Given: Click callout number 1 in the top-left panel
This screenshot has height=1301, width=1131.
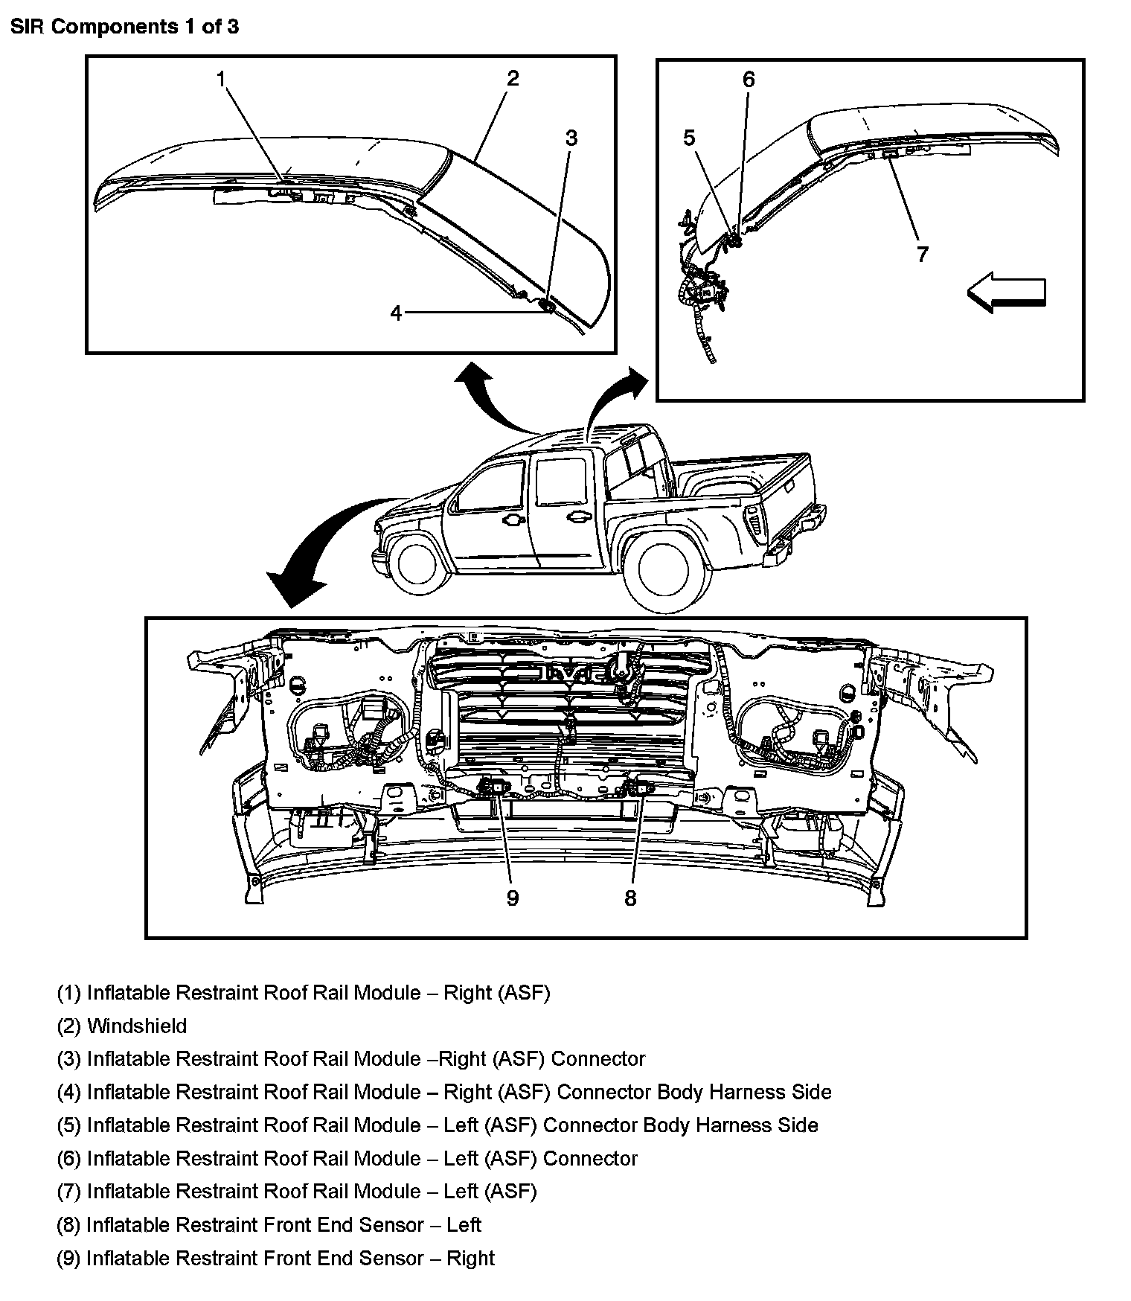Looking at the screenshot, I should [221, 79].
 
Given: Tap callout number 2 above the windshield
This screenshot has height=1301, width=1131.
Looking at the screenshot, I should [513, 78].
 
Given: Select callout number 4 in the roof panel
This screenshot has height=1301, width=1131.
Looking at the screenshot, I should [396, 313].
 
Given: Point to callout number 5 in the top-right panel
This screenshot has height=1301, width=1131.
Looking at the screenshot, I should [689, 138].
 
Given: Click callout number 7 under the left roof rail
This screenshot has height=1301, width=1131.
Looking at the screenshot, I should [923, 255].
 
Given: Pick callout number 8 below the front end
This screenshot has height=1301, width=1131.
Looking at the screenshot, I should [630, 898].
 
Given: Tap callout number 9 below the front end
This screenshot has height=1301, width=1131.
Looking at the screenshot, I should [512, 898].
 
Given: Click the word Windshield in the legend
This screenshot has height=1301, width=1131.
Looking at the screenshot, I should [137, 1026].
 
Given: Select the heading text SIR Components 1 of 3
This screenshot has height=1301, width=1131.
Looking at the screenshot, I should [124, 27].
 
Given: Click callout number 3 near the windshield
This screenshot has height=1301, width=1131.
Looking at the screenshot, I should [571, 138].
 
